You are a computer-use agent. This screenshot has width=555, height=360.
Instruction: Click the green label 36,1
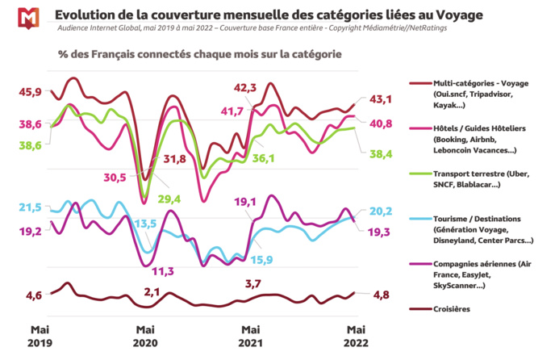(263, 158)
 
